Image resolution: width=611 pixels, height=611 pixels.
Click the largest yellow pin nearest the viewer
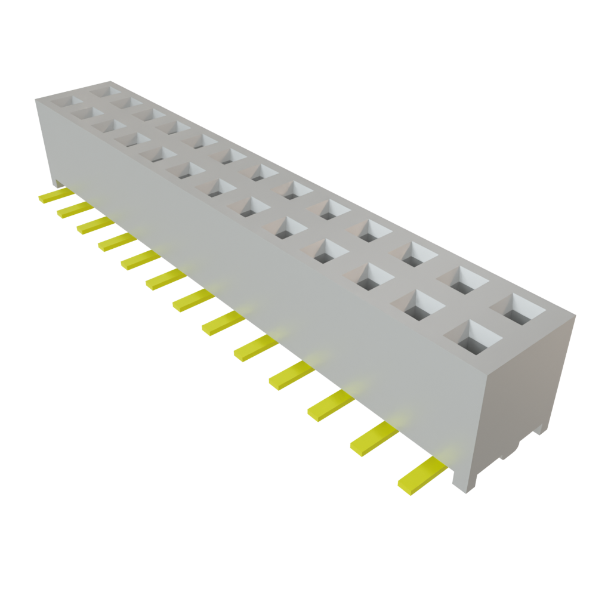coord(421,477)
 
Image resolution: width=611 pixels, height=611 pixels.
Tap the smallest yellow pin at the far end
coord(55,196)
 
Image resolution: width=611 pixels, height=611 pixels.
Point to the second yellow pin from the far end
coord(74,209)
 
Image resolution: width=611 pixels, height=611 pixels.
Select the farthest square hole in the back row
coord(108,91)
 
